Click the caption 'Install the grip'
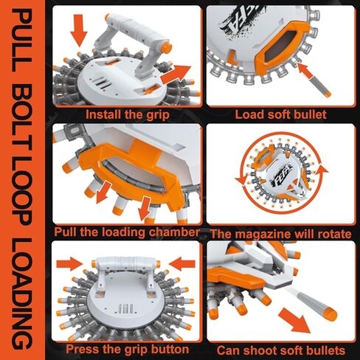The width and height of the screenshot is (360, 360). [128, 114]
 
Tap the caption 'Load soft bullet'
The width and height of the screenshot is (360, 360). [280, 114]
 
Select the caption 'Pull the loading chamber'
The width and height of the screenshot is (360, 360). [127, 232]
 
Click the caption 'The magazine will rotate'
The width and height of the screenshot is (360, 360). [281, 234]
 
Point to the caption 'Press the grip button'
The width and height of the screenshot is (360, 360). [127, 349]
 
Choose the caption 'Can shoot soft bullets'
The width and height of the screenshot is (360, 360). [281, 350]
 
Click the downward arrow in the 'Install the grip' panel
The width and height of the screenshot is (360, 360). [79, 30]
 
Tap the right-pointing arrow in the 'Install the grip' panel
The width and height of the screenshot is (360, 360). [176, 75]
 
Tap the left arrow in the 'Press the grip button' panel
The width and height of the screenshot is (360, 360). [69, 264]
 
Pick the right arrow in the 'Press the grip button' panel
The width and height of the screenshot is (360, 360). [182, 264]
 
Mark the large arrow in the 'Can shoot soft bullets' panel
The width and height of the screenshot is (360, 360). [294, 321]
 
